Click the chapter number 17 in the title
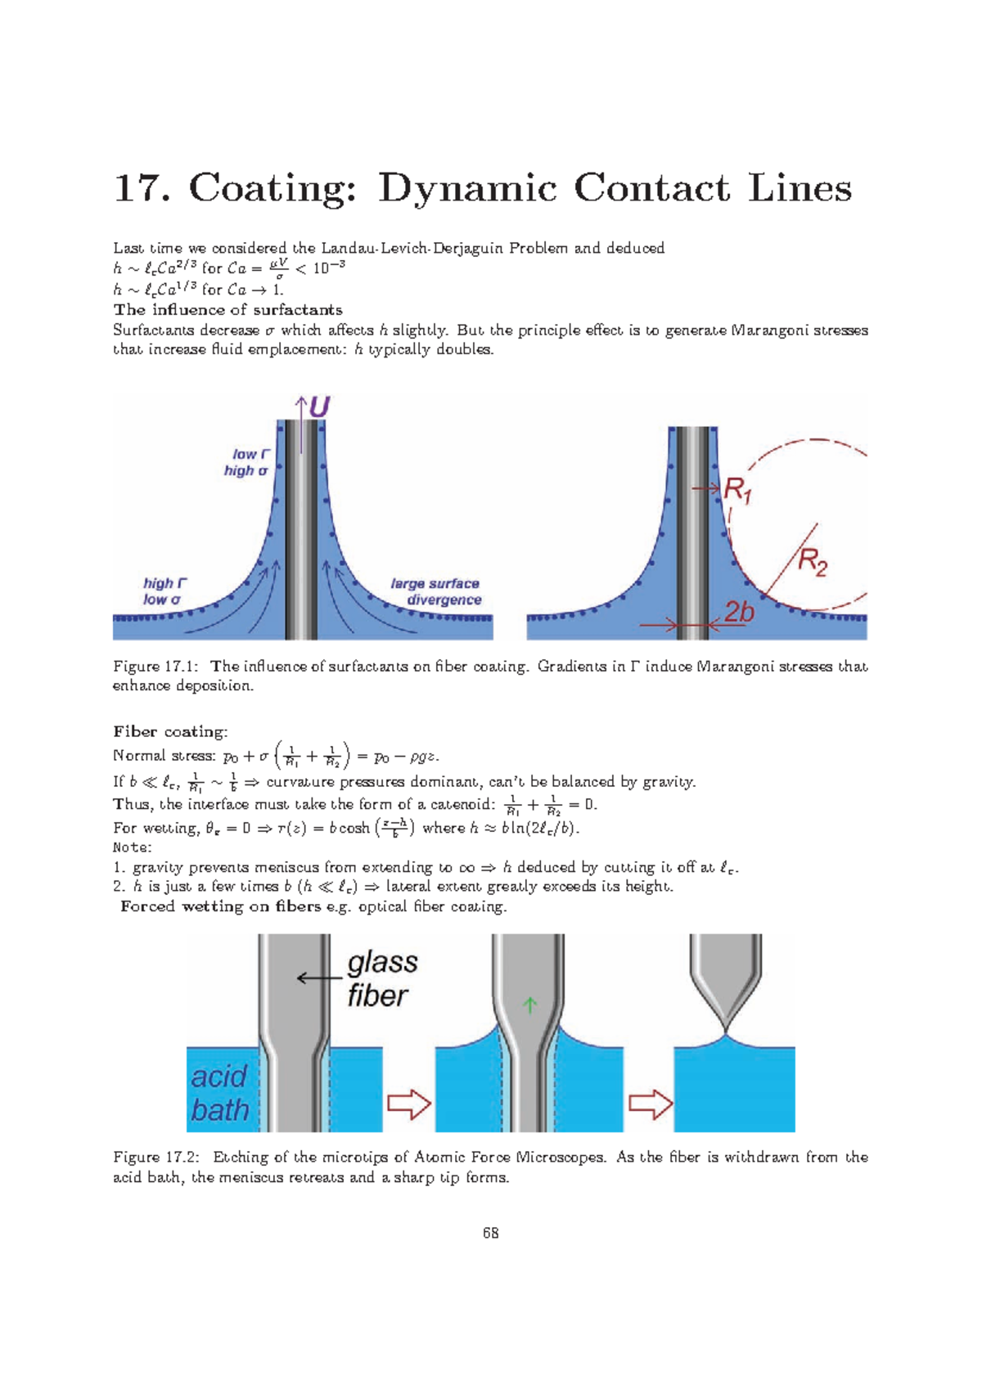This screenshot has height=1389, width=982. [135, 188]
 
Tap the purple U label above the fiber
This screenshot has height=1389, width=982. [319, 407]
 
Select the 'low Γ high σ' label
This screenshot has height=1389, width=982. [247, 462]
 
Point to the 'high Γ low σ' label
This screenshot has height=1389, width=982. [164, 591]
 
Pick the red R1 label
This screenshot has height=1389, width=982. [738, 491]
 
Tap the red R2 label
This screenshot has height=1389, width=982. [813, 563]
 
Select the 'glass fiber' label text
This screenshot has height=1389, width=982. [381, 979]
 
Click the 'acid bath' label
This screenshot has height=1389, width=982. [219, 1094]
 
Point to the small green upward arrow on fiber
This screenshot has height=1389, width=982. [529, 1005]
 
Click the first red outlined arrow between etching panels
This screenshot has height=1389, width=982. [408, 1104]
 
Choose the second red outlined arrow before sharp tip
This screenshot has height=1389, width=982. [651, 1104]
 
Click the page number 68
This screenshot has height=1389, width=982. [491, 1233]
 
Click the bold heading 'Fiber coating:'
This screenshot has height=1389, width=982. [170, 731]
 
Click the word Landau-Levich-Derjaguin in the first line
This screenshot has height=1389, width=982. [412, 248]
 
